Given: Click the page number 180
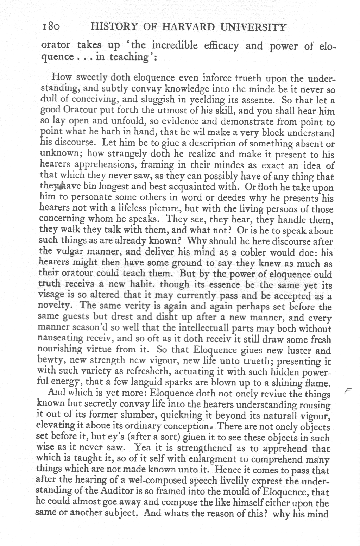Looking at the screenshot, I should [x=52, y=27].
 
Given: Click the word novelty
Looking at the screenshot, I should [x=52, y=307].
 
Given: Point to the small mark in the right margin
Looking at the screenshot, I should [x=348, y=390].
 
